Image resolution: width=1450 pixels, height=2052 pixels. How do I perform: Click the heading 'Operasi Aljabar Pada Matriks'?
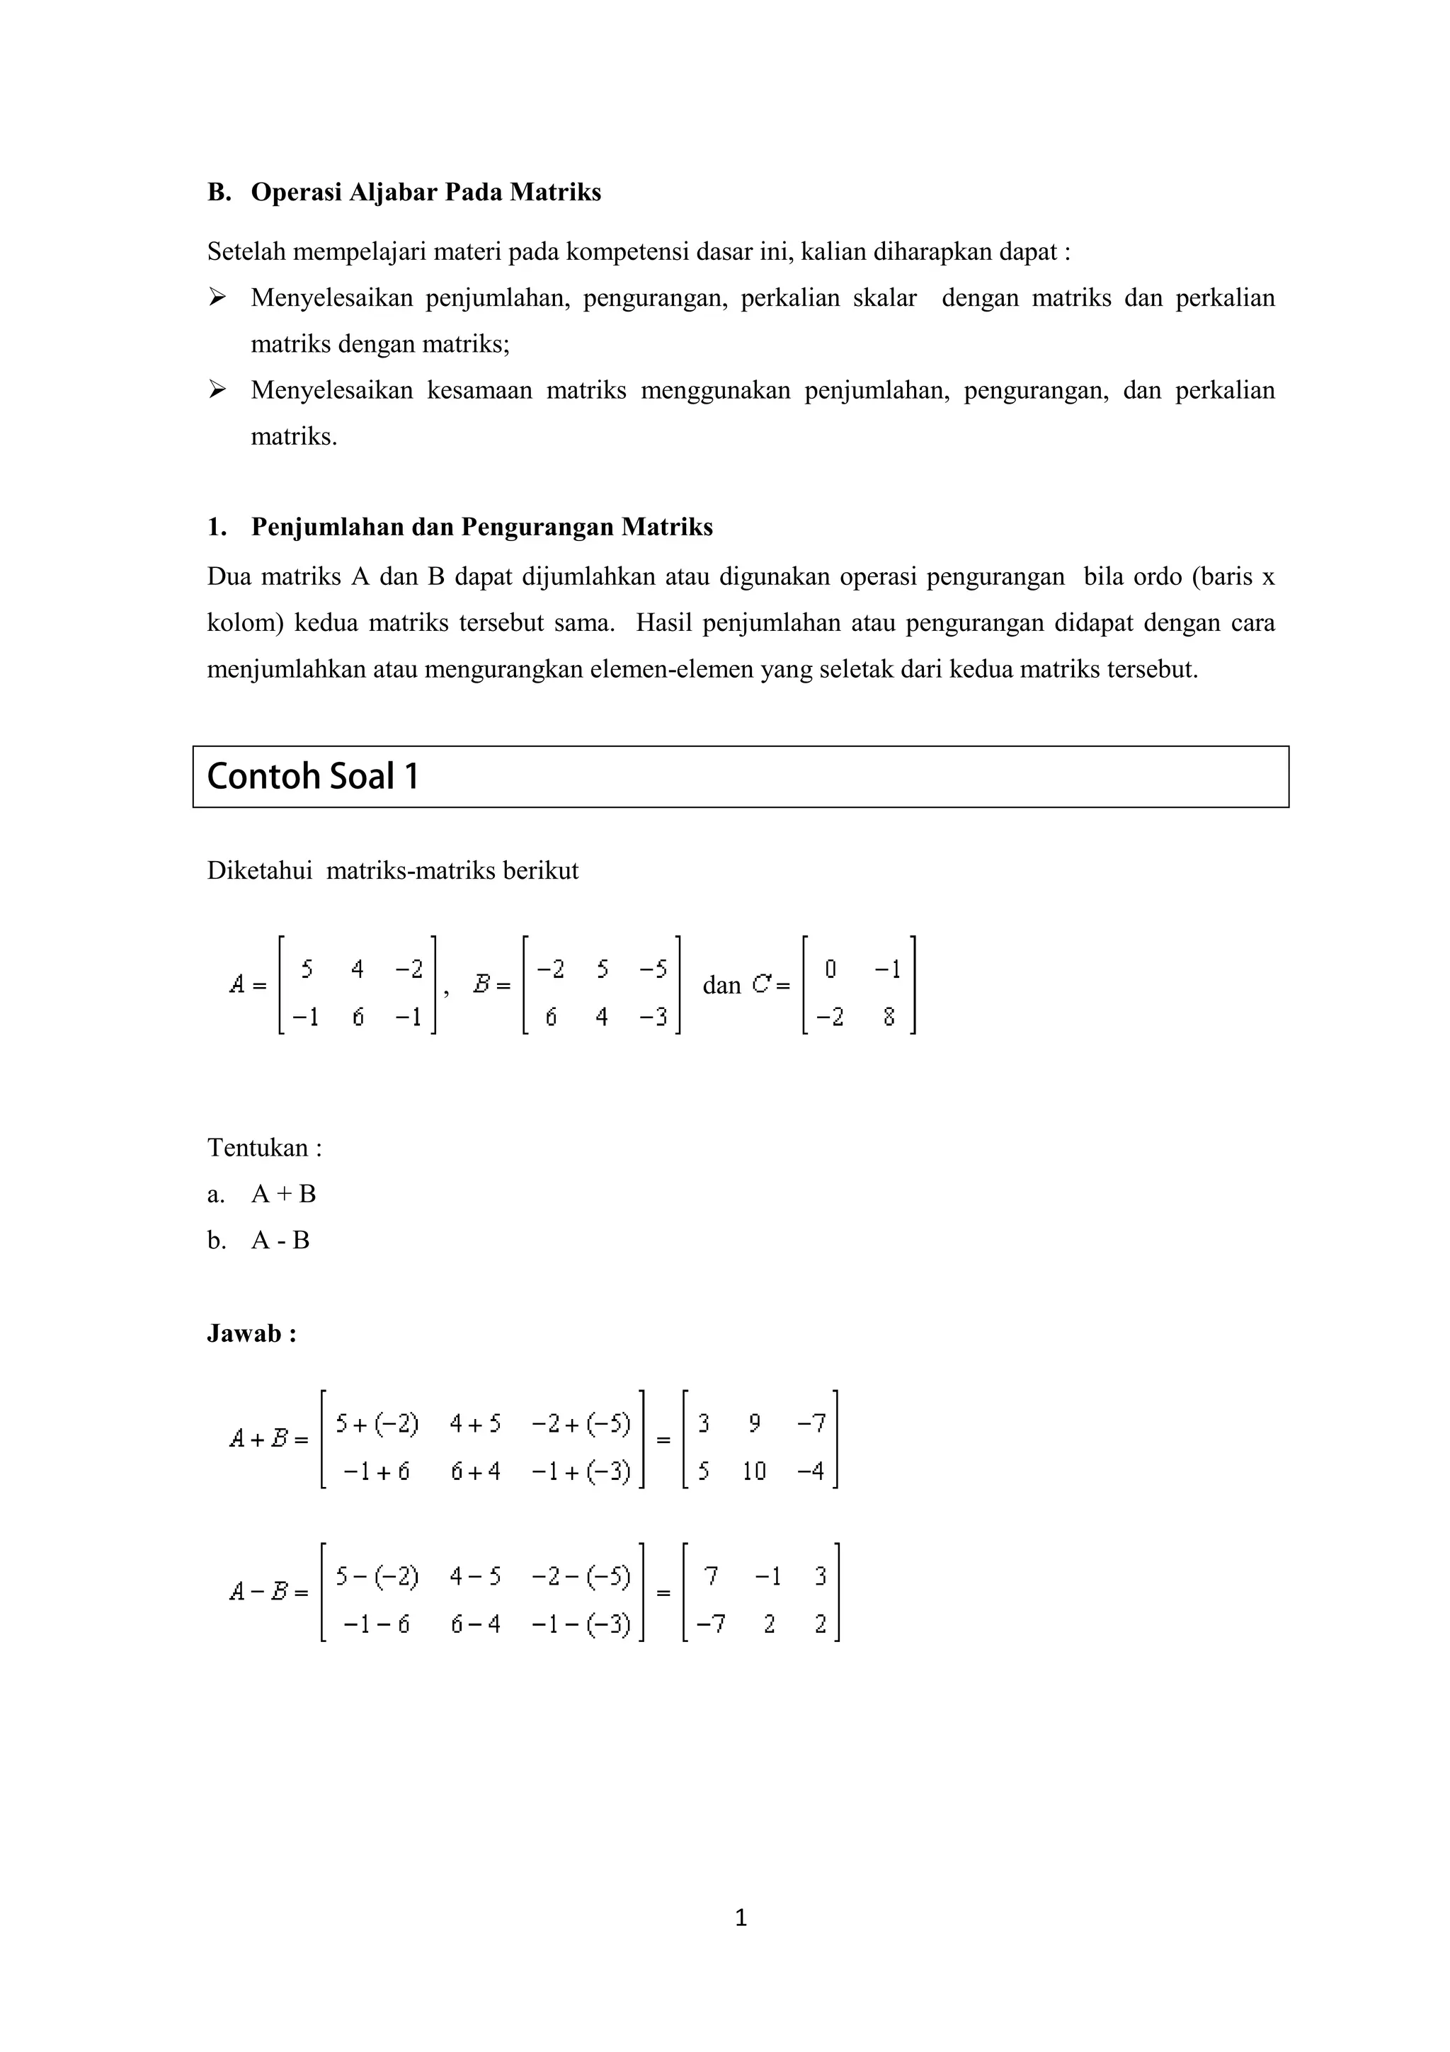pos(426,192)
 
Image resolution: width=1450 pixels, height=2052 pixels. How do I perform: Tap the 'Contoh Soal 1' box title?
pos(313,776)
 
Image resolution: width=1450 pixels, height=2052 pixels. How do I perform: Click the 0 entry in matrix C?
pos(830,969)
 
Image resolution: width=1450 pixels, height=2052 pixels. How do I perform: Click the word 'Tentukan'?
pos(257,1148)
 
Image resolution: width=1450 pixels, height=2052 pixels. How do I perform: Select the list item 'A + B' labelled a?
pos(283,1194)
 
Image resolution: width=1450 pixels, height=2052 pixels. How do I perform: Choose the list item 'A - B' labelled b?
pos(280,1241)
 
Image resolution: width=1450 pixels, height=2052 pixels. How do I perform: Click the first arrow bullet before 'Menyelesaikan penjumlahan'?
pos(217,297)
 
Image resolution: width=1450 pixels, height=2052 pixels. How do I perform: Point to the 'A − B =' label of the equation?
pos(268,1592)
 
